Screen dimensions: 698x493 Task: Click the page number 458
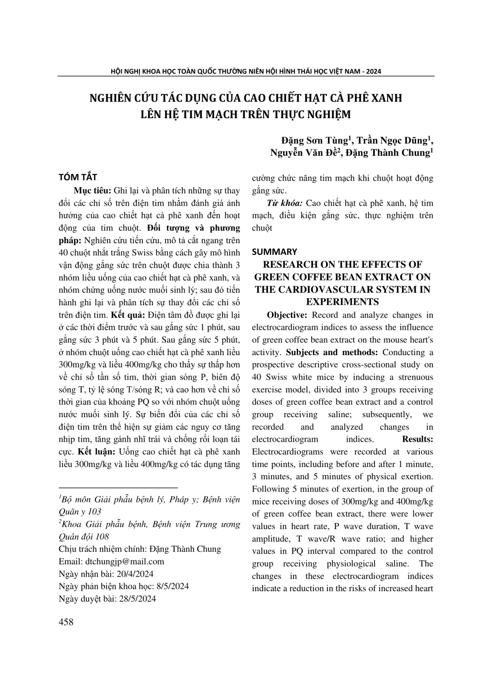pos(66,622)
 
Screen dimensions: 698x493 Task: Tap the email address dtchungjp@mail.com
pos(125,561)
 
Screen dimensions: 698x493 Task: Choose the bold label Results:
pos(417,439)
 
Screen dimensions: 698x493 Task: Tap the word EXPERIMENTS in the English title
pos(342,302)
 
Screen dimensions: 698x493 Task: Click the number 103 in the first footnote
pos(94,511)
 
